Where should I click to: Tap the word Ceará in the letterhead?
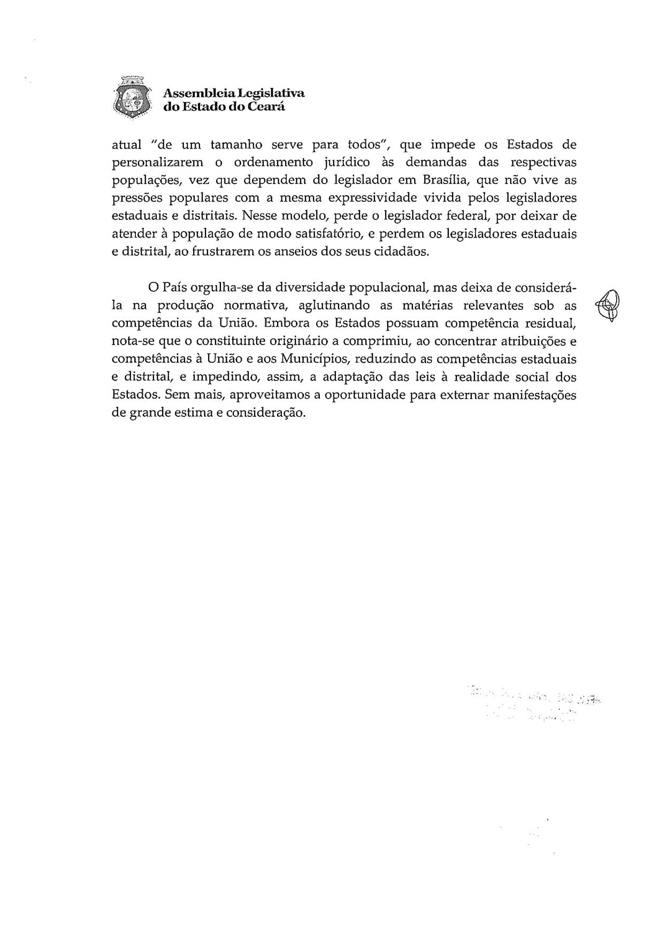tap(267, 106)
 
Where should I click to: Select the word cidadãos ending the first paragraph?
tap(404, 252)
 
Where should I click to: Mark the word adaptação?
tap(352, 377)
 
